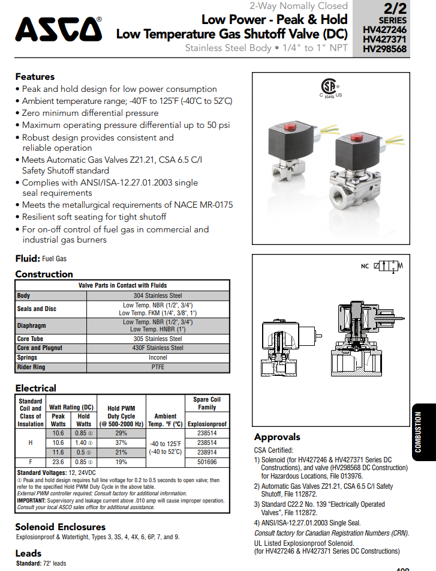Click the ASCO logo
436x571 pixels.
tap(58, 28)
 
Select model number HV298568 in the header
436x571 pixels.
tap(385, 49)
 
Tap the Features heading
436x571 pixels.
tap(35, 77)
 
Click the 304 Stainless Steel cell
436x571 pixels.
tap(158, 295)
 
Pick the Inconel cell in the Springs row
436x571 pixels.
tap(158, 357)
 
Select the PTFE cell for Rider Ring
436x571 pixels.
tap(158, 367)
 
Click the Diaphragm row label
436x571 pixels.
tap(32, 325)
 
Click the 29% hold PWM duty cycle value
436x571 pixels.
tap(121, 433)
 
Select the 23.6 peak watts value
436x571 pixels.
tap(58, 462)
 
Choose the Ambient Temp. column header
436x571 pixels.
tap(165, 420)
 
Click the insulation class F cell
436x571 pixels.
tap(31, 462)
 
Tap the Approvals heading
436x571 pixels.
tap(277, 437)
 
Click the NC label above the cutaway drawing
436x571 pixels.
tap(365, 266)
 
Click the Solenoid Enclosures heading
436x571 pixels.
tap(60, 527)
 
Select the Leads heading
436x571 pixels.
tap(28, 553)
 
